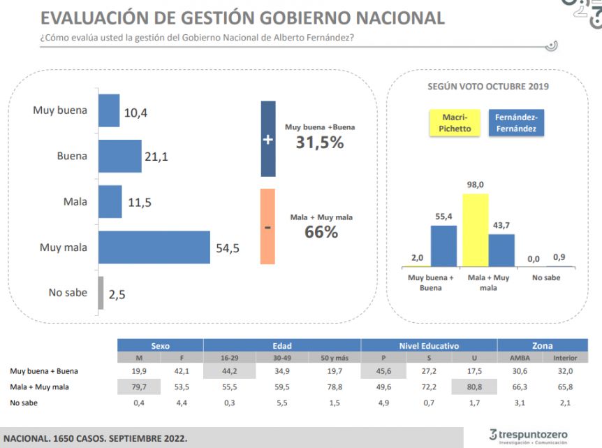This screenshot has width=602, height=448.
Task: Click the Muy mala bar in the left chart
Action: (x=154, y=247)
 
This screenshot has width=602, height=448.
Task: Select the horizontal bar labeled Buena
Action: (x=120, y=156)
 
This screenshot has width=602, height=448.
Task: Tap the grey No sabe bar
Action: (x=101, y=292)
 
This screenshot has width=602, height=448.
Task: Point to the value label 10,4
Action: (x=136, y=112)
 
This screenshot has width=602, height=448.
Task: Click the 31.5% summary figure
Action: (x=319, y=143)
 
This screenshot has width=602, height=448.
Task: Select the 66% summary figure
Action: (x=321, y=232)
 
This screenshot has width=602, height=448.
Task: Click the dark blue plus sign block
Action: (x=267, y=139)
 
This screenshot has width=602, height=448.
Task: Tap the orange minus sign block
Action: (x=267, y=226)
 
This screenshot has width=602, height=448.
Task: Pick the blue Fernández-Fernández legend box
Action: (x=517, y=123)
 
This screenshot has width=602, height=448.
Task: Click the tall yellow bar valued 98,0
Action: (x=476, y=230)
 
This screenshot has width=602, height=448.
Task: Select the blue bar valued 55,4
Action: (x=443, y=245)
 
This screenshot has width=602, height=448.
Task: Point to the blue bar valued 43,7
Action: (x=501, y=250)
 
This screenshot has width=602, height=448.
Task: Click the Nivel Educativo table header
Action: (x=429, y=345)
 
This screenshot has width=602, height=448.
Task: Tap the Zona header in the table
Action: (x=541, y=345)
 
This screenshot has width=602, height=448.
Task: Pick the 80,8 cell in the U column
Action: (x=474, y=386)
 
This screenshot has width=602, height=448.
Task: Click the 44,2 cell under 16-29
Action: (x=229, y=371)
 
